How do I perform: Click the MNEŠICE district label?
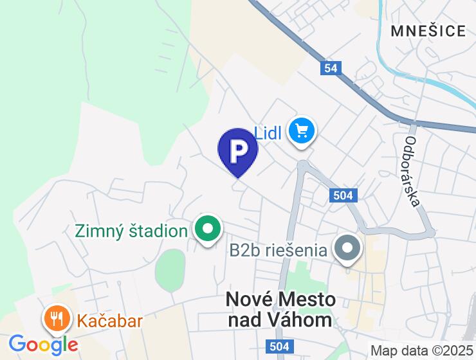(x=428, y=31)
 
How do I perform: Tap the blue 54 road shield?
(x=331, y=67)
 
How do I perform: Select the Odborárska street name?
(x=412, y=171)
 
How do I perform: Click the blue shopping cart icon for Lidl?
(x=301, y=132)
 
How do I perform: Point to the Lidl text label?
(x=270, y=134)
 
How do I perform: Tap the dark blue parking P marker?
(x=238, y=151)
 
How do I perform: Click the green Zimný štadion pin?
(x=208, y=230)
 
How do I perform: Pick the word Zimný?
(x=98, y=230)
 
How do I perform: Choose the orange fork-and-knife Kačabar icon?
(x=57, y=318)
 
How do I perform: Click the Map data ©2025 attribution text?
(x=421, y=351)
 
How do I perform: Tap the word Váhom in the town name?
(x=304, y=319)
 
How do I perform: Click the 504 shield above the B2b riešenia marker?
(x=343, y=196)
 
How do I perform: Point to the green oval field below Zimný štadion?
(x=170, y=269)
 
